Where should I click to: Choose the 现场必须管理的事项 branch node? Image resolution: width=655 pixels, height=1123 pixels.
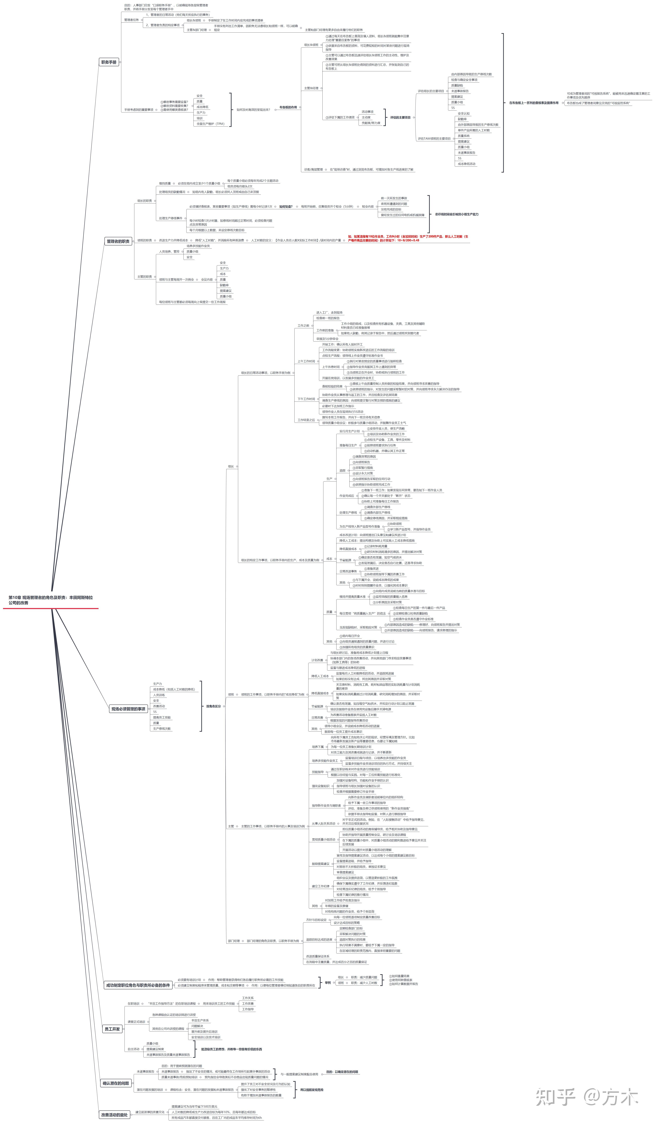[128, 709]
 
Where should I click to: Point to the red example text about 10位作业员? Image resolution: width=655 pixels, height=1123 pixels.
[408, 238]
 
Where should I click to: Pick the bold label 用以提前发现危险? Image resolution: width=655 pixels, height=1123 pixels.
[312, 1090]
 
